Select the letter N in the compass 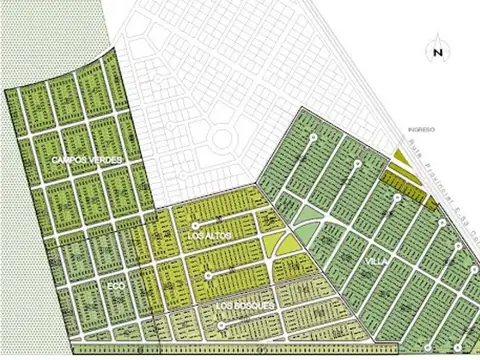point(437,53)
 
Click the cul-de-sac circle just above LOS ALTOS point(198,224)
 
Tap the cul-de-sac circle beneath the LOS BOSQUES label point(220,325)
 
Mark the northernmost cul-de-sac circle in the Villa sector point(314,137)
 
